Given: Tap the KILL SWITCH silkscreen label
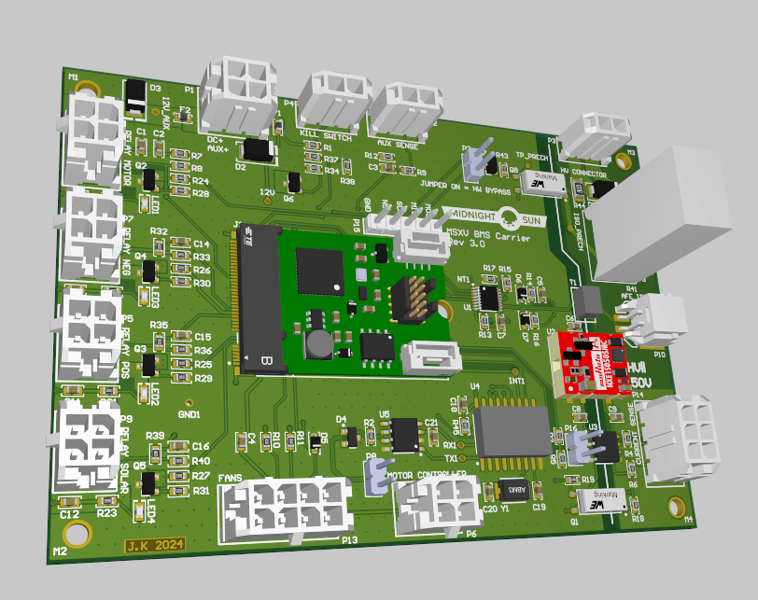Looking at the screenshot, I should [325, 137].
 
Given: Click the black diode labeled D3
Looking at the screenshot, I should [135, 99].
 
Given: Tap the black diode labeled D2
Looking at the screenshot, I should [257, 149].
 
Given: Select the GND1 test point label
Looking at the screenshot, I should [189, 412].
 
